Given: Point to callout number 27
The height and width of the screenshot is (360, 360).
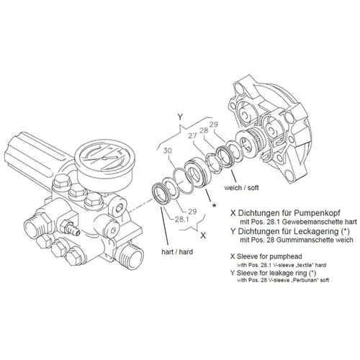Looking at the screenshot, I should (192, 137).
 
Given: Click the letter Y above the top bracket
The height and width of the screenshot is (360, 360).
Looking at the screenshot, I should (181, 114).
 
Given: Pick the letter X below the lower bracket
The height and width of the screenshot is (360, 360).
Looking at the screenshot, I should (204, 235).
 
